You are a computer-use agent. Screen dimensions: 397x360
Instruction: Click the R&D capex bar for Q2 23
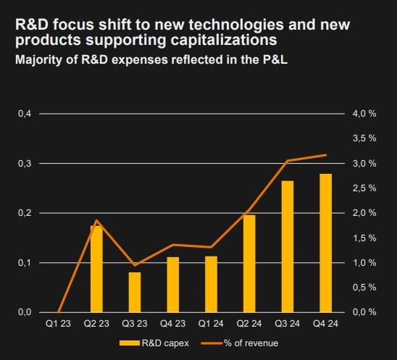96,269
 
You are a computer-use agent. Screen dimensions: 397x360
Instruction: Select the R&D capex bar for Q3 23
135,293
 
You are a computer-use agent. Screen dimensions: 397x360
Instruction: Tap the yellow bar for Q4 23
173,285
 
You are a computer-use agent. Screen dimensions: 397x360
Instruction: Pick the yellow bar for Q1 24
211,284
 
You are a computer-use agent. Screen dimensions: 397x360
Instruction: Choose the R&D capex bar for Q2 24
249,264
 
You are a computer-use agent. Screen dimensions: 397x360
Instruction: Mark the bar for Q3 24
288,246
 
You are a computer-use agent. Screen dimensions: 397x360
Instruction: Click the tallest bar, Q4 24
325,243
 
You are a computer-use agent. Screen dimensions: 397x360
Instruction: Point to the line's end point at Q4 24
326,155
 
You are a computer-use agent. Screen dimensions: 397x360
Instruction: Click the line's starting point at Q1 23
59,312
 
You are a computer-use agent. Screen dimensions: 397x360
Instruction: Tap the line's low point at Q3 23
135,265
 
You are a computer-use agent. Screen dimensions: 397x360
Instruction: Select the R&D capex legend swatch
130,343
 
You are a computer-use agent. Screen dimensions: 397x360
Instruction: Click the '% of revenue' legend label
251,343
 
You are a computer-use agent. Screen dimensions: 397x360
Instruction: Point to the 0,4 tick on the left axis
25,114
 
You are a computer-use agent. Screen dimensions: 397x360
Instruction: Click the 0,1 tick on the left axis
25,263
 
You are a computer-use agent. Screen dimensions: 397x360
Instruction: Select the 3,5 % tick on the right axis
364,138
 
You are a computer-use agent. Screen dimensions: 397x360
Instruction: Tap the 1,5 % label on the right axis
364,238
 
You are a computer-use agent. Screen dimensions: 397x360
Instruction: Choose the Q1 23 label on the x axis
58,324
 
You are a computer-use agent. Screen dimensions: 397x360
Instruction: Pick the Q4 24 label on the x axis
325,324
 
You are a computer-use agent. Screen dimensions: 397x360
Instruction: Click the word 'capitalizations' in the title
224,40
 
